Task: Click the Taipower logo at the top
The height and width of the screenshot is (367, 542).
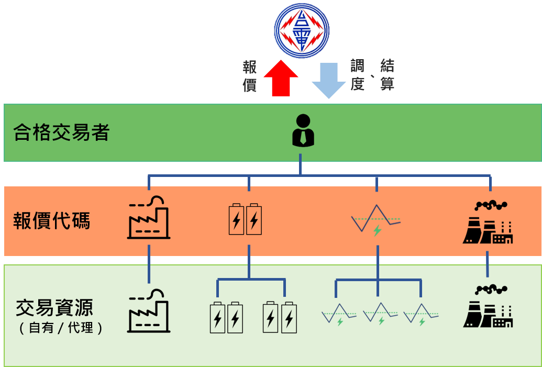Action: pos(302,30)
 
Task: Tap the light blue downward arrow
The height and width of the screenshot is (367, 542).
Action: pos(329,80)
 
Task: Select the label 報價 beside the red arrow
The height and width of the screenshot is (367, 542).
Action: pos(250,76)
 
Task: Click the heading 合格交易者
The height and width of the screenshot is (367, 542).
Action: pos(62,132)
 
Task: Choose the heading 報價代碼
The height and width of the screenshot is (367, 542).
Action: pos(52,221)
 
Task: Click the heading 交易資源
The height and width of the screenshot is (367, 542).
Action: pos(54,308)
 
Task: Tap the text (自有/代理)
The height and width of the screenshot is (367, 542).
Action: pos(61,328)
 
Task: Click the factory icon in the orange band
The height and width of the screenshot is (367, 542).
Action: pos(149,217)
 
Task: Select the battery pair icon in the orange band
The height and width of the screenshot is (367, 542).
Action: pos(245,219)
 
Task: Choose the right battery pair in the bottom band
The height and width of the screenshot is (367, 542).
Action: pos(280,317)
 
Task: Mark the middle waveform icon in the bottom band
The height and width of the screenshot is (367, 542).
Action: pos(380,314)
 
